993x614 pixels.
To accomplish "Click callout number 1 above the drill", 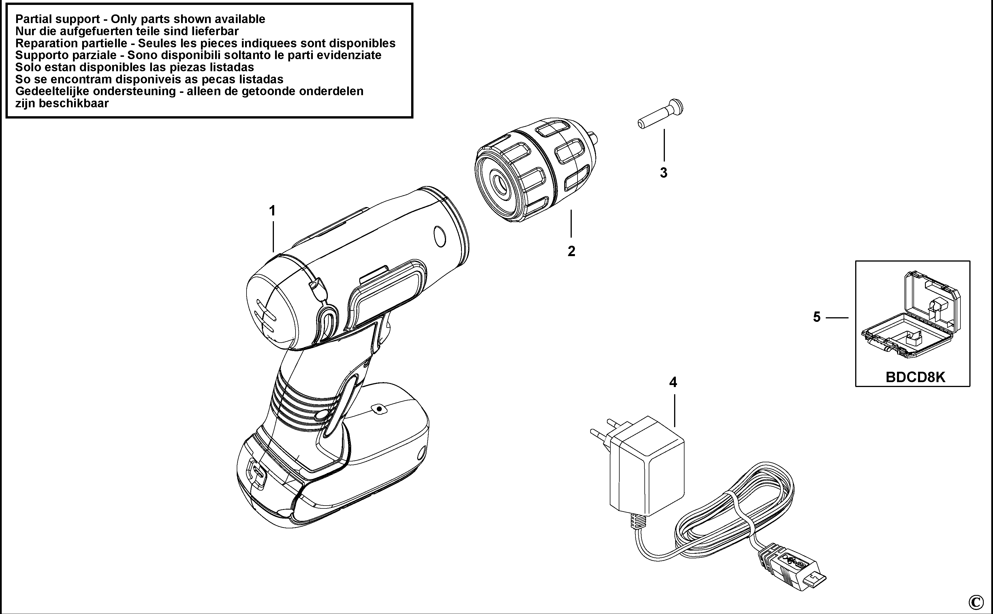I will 272,211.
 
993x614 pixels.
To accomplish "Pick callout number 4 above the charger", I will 673,382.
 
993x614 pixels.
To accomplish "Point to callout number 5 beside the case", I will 817,317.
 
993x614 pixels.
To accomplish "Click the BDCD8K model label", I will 915,377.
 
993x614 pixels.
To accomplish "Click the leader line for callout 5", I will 837,317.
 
